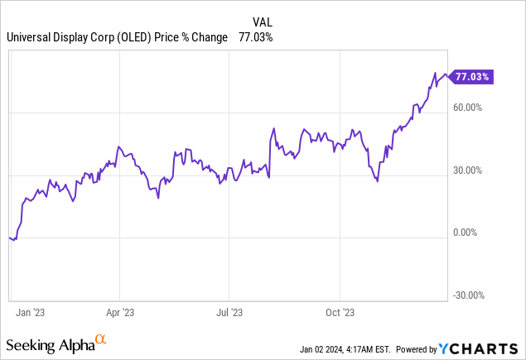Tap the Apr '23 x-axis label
(x=121, y=312)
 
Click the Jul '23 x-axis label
(x=230, y=312)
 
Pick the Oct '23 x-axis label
(x=340, y=312)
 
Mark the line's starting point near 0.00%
(x=9, y=238)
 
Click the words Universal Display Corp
(x=57, y=37)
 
